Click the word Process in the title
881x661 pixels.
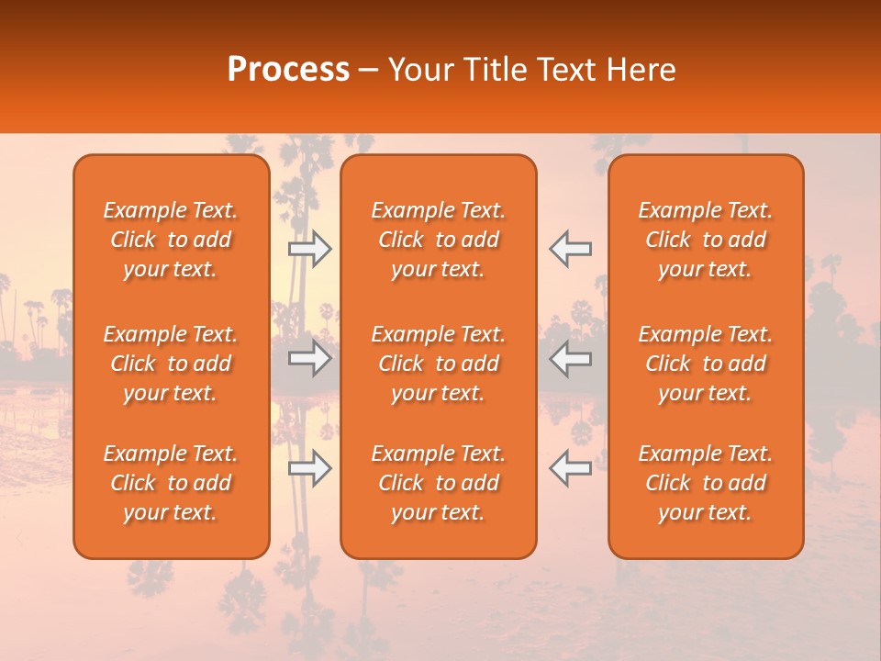point(288,70)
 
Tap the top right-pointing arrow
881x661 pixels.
point(309,249)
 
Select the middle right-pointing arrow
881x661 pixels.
point(309,359)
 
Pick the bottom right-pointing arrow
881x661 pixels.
point(309,469)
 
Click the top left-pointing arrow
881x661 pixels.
point(570,249)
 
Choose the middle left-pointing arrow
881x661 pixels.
point(570,359)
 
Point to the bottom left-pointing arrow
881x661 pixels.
point(570,469)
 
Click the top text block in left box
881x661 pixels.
point(171,240)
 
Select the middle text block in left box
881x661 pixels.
point(171,364)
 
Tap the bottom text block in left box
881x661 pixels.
point(171,483)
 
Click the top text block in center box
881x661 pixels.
point(439,240)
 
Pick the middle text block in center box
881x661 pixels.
point(439,364)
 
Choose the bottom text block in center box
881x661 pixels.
point(439,483)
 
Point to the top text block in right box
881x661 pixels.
point(706,240)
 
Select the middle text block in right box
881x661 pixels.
point(706,364)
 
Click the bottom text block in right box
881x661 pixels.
point(706,483)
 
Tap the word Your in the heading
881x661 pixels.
point(418,70)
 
